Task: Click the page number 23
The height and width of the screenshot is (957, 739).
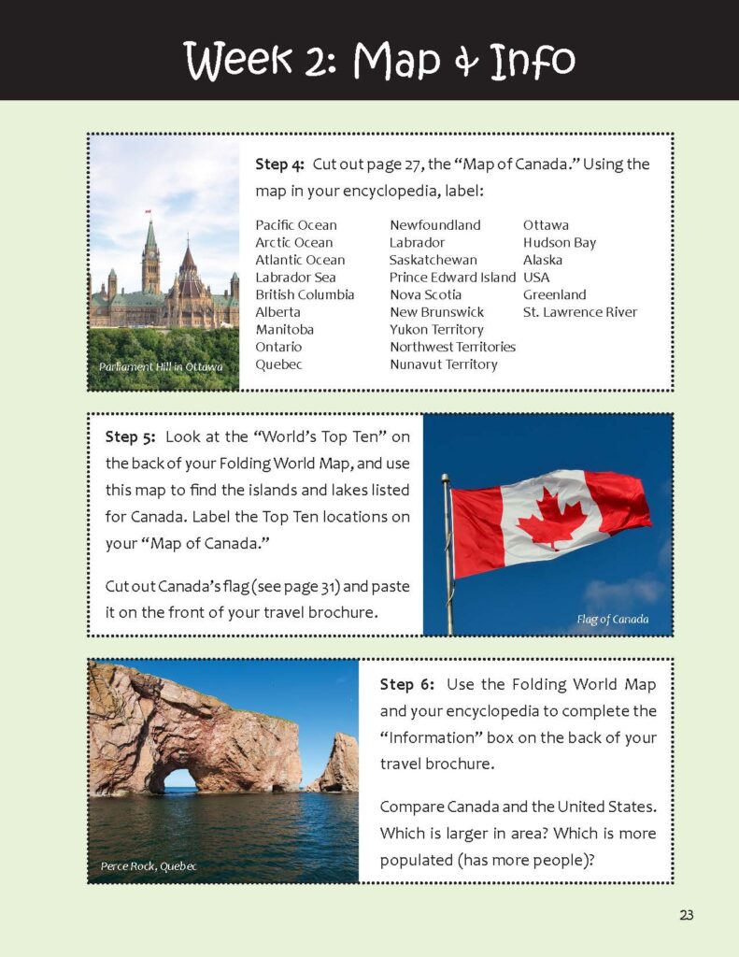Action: (x=687, y=915)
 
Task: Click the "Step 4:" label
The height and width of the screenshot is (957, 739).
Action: (x=279, y=164)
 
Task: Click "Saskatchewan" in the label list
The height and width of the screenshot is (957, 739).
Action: (x=433, y=260)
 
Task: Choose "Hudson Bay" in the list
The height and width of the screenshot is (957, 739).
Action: (x=559, y=242)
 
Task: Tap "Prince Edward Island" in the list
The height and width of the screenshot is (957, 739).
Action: (x=452, y=278)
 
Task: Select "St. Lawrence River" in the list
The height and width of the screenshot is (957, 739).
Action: (x=579, y=312)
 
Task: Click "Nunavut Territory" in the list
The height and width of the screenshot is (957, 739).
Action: (x=443, y=364)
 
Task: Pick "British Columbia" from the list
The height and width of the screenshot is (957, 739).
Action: (x=305, y=294)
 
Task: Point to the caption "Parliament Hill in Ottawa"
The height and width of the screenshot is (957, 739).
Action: (x=161, y=367)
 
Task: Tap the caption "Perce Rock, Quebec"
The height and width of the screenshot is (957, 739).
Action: (x=149, y=866)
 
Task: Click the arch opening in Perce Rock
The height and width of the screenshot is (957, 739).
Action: (x=180, y=778)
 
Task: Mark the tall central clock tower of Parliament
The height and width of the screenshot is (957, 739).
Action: (x=150, y=257)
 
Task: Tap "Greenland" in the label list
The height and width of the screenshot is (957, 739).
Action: (x=554, y=294)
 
